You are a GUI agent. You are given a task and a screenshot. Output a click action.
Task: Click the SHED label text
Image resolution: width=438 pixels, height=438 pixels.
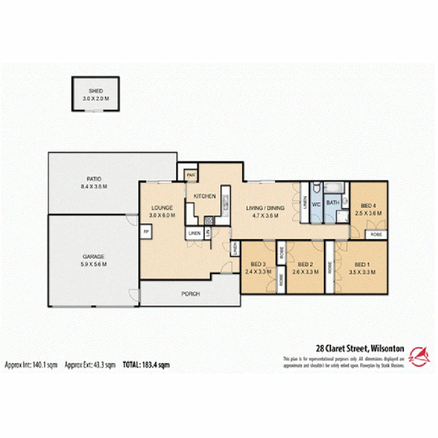click(x=96, y=91)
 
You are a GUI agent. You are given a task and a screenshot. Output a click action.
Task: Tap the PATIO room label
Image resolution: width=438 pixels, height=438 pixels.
click(x=93, y=179)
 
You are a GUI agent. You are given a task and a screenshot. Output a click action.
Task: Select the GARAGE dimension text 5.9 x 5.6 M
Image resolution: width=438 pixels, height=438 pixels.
click(x=93, y=264)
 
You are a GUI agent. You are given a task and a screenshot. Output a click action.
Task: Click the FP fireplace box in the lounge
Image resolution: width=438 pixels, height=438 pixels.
click(x=145, y=232)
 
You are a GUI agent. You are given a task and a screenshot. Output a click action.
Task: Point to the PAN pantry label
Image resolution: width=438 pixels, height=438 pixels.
click(x=191, y=175)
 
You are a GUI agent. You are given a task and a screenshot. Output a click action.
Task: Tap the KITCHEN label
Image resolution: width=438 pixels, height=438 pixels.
click(x=204, y=196)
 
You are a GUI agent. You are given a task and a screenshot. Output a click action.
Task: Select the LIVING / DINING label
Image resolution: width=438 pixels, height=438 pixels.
click(x=266, y=208)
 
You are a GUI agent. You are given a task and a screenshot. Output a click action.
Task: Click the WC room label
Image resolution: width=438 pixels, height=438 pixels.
click(x=316, y=205)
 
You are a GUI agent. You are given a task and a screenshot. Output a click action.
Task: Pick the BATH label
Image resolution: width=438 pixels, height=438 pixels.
click(x=333, y=203)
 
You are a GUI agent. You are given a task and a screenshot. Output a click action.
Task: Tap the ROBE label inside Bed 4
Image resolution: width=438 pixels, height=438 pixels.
click(x=376, y=235)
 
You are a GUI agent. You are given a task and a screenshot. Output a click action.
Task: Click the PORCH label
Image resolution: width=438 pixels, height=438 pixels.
click(x=190, y=294)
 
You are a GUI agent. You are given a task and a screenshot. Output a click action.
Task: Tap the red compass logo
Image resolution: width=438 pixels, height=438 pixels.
click(x=420, y=357)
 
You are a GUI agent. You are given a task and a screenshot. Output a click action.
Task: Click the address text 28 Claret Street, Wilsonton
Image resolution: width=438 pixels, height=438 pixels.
click(x=360, y=348)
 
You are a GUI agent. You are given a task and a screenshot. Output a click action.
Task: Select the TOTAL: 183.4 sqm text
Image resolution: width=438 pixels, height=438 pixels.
click(x=146, y=365)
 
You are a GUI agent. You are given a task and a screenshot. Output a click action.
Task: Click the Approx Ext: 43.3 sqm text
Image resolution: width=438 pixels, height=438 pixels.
click(x=91, y=365)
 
